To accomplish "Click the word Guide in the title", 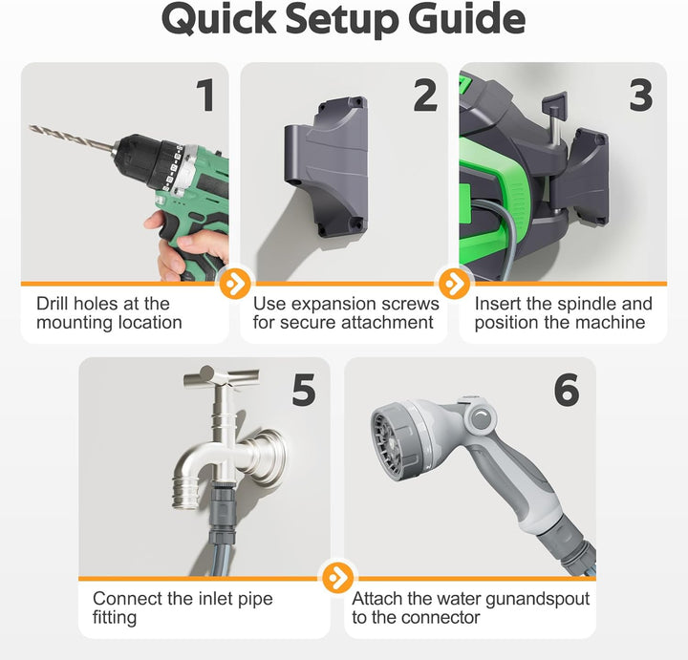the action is pos(466,20).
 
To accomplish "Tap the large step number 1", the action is pos(204,95).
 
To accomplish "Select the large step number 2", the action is pos(425,95).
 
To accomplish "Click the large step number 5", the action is pos(304,390).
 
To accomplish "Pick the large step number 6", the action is pos(567,390).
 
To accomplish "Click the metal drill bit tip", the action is pos(31,127).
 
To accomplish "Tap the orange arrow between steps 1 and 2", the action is pos(235,284).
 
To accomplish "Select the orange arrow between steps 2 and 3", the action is pos(454,284).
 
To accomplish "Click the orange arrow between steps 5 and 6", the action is pos(337,578).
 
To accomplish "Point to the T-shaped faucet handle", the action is pos(222,376).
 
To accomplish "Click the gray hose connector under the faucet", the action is pos(223,513).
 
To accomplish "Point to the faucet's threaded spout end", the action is pos(185,494).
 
